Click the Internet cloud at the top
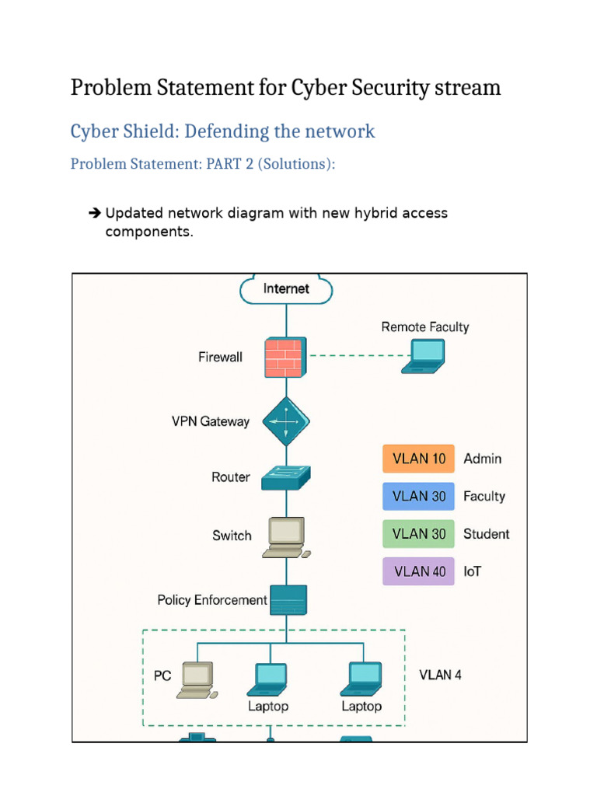coord(286,289)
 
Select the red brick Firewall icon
coord(286,358)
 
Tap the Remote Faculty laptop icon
coord(424,356)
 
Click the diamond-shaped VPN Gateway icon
coord(286,421)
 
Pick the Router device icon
coord(286,478)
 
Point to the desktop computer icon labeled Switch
coord(287,538)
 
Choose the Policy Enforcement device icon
coord(288,600)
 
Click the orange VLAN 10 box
coord(418,459)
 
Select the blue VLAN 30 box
coord(418,496)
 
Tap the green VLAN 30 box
coord(418,533)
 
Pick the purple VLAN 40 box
coord(418,571)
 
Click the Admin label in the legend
coord(482,459)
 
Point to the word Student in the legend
coord(487,533)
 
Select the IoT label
coord(472,571)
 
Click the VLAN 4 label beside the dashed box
coord(440,675)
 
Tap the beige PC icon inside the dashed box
coord(197,680)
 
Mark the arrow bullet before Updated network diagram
coord(94,213)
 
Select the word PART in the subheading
coord(223,164)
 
